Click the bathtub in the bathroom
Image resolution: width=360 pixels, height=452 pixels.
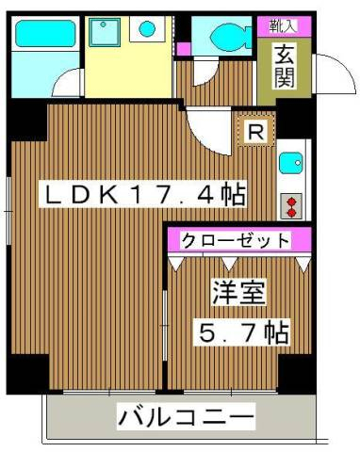pyautogui.click(x=45, y=34)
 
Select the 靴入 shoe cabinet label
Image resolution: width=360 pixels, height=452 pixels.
pyautogui.click(x=283, y=26)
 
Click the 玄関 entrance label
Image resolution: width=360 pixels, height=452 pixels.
pyautogui.click(x=285, y=67)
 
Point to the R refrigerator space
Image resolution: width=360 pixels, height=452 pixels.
pyautogui.click(x=256, y=132)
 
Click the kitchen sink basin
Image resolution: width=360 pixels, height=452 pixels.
pyautogui.click(x=290, y=163)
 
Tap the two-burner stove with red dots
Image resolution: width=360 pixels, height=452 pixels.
pyautogui.click(x=291, y=206)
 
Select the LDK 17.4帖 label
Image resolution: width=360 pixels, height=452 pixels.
pyautogui.click(x=142, y=195)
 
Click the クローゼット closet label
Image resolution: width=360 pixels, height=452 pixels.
pyautogui.click(x=236, y=241)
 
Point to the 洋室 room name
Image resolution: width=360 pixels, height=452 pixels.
pyautogui.click(x=238, y=293)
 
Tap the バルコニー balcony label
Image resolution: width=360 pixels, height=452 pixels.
pyautogui.click(x=186, y=417)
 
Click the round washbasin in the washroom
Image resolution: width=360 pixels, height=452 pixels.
pyautogui.click(x=147, y=29)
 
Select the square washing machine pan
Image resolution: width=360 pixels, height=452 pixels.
pyautogui.click(x=105, y=32)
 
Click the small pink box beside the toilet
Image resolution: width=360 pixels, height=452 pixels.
pyautogui.click(x=183, y=48)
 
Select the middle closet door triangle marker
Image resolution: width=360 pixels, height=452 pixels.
pyautogui.click(x=229, y=263)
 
